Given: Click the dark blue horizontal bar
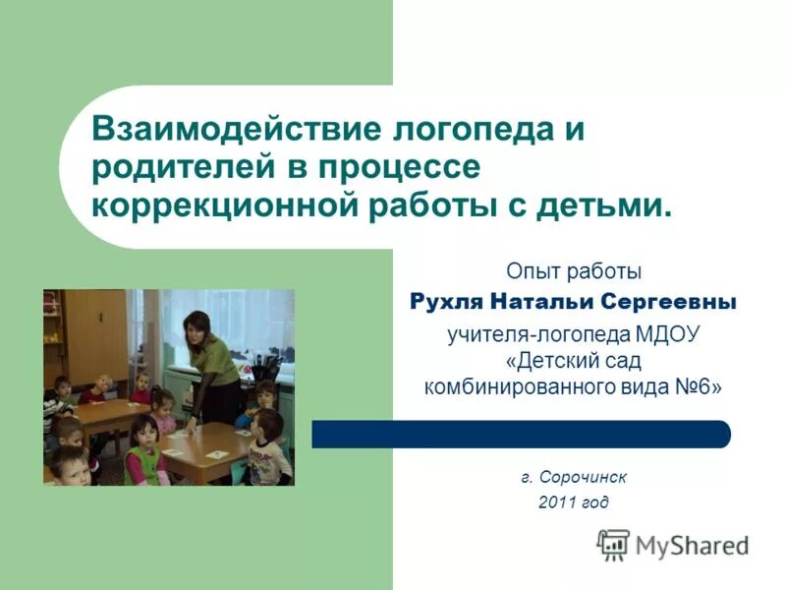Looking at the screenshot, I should point(521,434).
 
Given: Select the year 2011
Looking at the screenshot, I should point(557,502).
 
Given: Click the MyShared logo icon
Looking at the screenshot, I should point(613,544).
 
